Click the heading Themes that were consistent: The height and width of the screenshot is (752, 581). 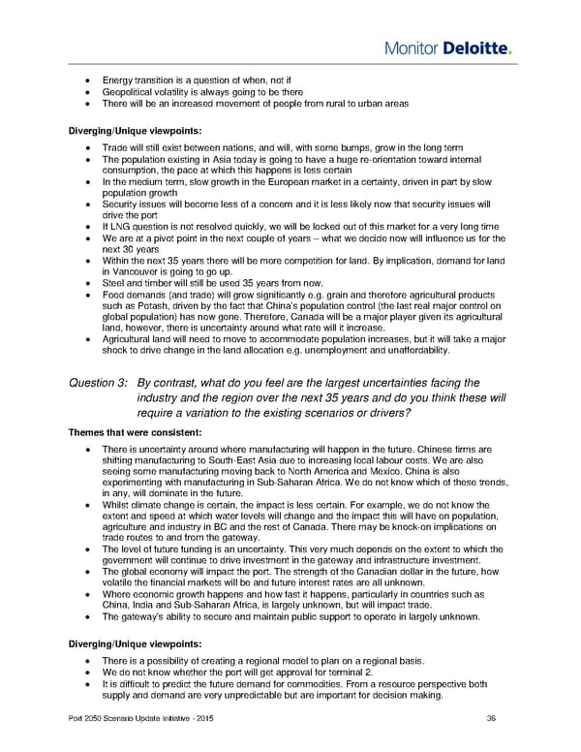(x=130, y=431)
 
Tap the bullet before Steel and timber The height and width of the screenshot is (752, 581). (x=89, y=287)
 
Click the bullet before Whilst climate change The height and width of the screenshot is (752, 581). (x=89, y=504)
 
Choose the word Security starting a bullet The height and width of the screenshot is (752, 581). (x=119, y=204)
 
